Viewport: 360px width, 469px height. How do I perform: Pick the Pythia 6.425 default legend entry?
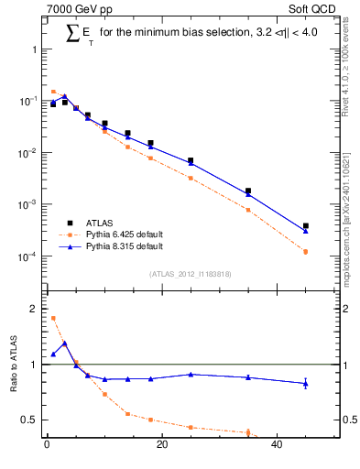[x=124, y=234]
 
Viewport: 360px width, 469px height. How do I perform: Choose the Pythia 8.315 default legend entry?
[x=124, y=246]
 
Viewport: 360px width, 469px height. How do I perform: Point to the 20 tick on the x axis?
[x=161, y=446]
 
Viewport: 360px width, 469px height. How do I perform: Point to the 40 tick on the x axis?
[x=277, y=446]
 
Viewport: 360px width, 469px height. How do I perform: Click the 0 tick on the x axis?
[x=47, y=446]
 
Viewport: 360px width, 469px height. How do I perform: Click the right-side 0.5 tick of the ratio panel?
[x=349, y=420]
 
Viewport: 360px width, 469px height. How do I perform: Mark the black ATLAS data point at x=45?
[x=306, y=225]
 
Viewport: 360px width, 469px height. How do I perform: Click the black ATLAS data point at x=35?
[x=248, y=191]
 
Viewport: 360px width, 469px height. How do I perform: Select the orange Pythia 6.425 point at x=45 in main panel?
[x=306, y=251]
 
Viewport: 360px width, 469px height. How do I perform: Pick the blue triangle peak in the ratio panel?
[x=64, y=343]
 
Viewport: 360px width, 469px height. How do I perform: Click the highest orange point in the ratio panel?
[x=53, y=318]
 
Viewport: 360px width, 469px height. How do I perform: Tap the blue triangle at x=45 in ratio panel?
[x=306, y=383]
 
